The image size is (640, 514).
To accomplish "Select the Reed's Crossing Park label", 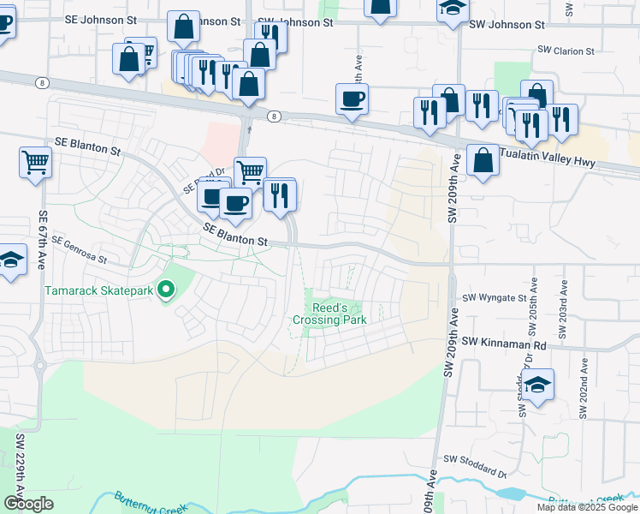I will point(329,314).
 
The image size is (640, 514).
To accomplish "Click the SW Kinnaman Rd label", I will point(504,342).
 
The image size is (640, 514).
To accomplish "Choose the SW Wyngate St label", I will point(495,298).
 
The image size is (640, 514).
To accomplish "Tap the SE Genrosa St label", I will point(79,250).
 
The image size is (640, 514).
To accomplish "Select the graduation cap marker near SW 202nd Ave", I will point(539,385).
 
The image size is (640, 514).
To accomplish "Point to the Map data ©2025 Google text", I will point(587,507).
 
